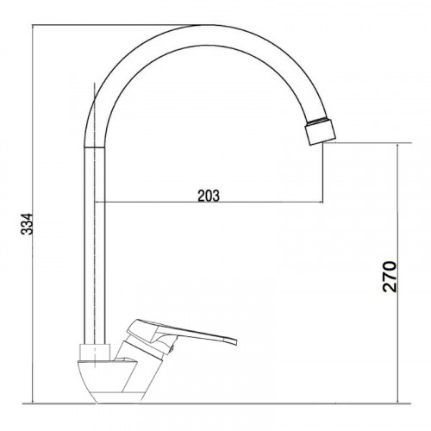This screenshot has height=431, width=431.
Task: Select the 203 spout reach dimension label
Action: pos(209,196)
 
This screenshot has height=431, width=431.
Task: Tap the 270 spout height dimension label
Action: pos(390,277)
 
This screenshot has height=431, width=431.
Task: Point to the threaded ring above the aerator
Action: pos(318,121)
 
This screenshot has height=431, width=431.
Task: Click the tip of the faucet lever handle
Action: pos(235,341)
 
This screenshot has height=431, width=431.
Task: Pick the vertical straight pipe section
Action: pos(95,246)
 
